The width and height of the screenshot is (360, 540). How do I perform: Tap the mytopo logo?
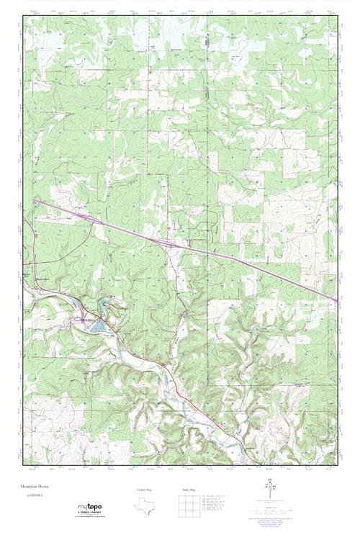[91, 508]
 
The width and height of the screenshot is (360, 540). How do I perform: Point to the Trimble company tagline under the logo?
[91, 515]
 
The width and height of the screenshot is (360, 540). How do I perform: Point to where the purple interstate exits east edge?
[336, 300]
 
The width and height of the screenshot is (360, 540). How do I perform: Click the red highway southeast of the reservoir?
[166, 374]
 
